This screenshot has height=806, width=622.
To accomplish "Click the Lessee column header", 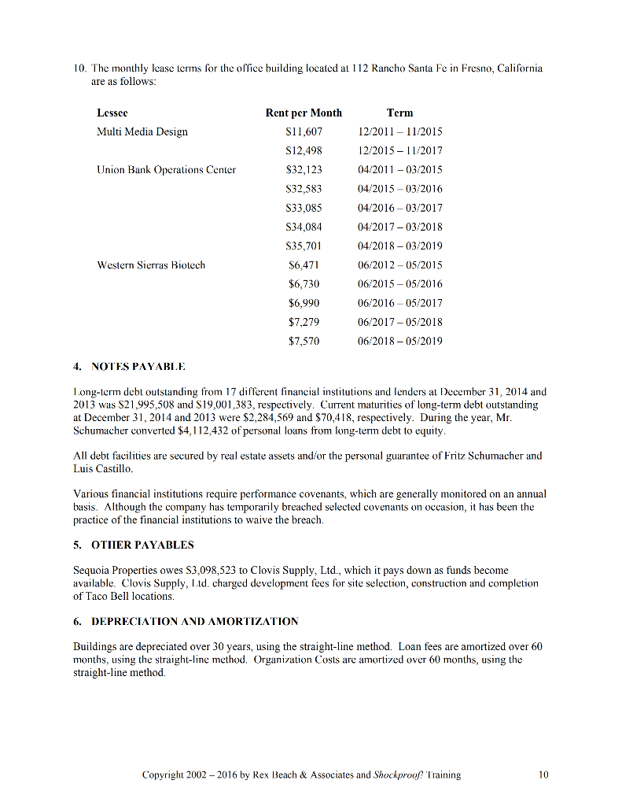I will (112, 113).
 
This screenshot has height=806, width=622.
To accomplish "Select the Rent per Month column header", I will (304, 113).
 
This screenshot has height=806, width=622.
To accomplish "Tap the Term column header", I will (399, 113).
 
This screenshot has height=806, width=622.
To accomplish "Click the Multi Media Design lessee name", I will (142, 131).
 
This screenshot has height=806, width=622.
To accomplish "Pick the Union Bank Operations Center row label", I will (166, 169).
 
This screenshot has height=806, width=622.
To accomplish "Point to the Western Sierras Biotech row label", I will (151, 264).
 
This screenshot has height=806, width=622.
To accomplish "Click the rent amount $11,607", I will (304, 131).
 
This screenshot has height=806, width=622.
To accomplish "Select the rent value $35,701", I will (304, 246).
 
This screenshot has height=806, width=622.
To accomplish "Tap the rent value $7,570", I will (304, 341).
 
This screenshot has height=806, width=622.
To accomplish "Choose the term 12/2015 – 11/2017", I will (399, 150).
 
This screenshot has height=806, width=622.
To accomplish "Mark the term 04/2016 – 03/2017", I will (399, 208).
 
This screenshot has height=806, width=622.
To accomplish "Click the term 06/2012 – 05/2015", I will (399, 264).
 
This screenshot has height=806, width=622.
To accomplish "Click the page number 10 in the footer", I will (543, 775).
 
